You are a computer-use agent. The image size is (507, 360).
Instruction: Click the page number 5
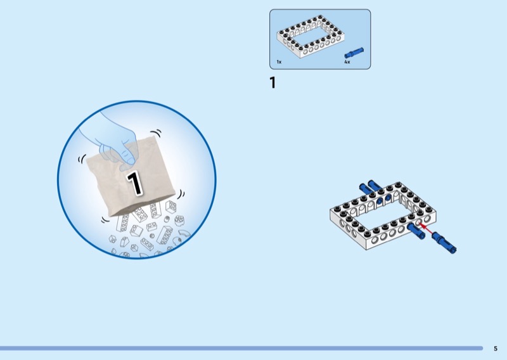pos(496,349)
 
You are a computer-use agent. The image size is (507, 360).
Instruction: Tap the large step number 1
pos(273,82)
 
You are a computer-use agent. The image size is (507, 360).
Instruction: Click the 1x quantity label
pos(279,61)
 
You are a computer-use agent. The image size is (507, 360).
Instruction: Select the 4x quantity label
pos(347,61)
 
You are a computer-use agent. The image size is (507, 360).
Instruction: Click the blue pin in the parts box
pos(354,53)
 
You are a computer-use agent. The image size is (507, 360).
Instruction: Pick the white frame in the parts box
pos(311,37)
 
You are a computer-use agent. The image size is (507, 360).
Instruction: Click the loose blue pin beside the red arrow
pos(444,242)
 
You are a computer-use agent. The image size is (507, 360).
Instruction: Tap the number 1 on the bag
pos(134,183)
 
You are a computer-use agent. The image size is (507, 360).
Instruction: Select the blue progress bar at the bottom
pos(241,348)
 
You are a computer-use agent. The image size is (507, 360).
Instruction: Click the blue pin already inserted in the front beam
pos(416,231)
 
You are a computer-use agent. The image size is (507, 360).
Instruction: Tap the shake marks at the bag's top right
pos(156,132)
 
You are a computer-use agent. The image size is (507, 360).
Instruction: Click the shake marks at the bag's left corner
pos(82,158)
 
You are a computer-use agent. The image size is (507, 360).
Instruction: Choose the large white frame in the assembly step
pos(383,215)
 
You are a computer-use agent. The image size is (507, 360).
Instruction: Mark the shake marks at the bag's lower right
pos(181,195)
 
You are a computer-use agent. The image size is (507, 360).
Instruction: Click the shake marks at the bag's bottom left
pos(105,220)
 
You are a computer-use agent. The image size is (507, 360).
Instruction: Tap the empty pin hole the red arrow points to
pos(420,222)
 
